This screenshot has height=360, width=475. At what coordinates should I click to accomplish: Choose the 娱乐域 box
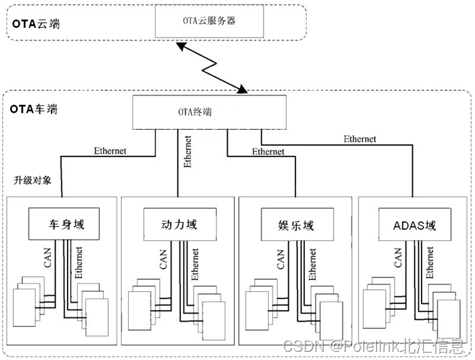point(296,225)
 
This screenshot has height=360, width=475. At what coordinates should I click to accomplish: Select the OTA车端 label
point(34,109)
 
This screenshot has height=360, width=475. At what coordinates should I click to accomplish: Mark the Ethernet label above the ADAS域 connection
point(360,139)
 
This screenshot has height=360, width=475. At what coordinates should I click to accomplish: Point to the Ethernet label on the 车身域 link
point(110,151)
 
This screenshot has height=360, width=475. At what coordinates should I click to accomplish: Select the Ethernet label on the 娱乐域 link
point(268,151)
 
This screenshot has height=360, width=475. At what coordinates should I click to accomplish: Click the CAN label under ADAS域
point(398,260)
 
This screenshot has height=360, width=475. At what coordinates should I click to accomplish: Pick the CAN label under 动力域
point(164,260)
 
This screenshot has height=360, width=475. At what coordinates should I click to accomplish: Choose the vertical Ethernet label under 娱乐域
point(312,264)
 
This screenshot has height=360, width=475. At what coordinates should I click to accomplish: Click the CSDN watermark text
point(374,347)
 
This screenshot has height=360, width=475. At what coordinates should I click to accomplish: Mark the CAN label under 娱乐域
point(280,260)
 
